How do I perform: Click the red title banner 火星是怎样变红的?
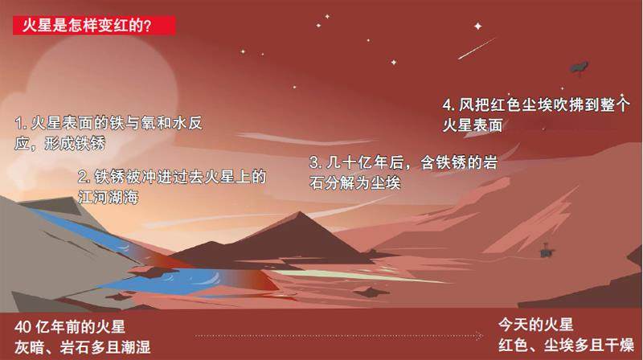click(94, 26)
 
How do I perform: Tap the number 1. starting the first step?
click(21, 123)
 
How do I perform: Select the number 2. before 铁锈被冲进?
click(84, 177)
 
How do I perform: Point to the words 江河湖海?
click(109, 197)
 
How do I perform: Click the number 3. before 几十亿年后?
click(316, 163)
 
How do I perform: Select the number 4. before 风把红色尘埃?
click(448, 105)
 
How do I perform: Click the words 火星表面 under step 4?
click(473, 125)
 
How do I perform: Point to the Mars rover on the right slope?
click(546, 251)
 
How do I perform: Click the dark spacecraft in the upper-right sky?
click(579, 67)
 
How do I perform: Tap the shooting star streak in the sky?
click(477, 49)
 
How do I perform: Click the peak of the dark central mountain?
click(300, 212)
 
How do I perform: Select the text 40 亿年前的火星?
click(70, 327)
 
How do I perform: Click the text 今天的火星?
click(535, 325)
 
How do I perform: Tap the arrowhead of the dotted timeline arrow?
click(480, 336)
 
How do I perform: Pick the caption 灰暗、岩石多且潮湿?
click(83, 347)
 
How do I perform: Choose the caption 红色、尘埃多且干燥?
click(567, 345)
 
